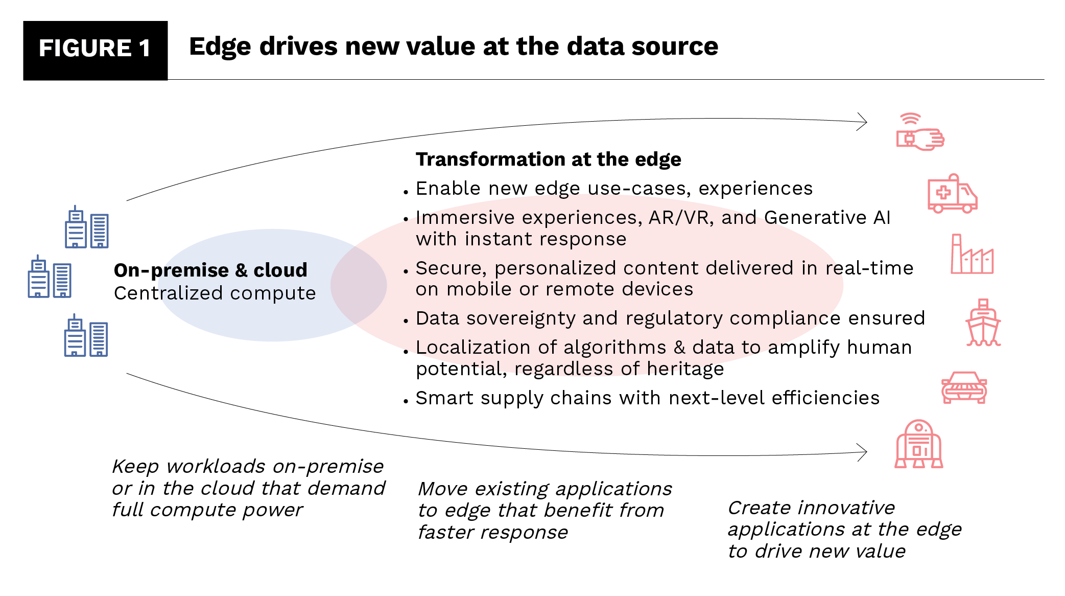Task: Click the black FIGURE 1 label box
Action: coord(95,50)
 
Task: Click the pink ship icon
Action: coord(983,323)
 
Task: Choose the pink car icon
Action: coord(964,387)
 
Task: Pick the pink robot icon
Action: coord(918,444)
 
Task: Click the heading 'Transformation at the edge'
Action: coord(548,159)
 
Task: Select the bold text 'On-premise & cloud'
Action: coord(210,270)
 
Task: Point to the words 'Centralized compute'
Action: coord(215,293)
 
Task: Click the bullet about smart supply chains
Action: coord(647,398)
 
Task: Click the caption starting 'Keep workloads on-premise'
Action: coord(248,488)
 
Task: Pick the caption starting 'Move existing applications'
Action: coord(545,510)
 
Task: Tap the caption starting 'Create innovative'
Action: coord(844,529)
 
